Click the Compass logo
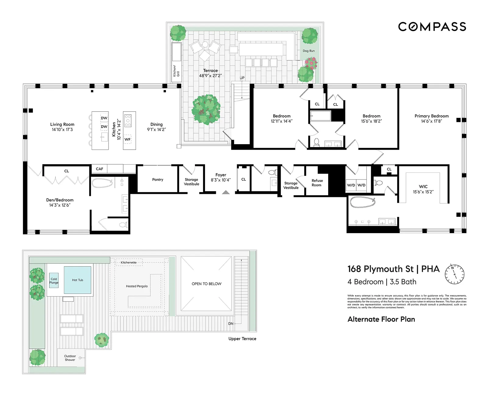tap(432, 27)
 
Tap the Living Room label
tap(62, 124)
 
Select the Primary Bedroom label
tap(431, 116)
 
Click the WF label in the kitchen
tap(127, 139)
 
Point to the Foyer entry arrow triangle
tap(226, 192)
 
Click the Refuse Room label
tap(317, 183)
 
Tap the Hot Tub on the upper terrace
tap(77, 280)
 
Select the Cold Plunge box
tap(54, 281)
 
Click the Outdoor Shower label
tap(70, 358)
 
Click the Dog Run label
tap(308, 51)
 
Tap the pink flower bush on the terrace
tap(311, 63)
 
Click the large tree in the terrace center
tap(206, 109)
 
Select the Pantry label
tap(158, 180)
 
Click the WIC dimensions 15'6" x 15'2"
tap(423, 192)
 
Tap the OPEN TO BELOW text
tap(206, 284)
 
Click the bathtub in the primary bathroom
tap(362, 202)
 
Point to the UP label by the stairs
tap(242, 78)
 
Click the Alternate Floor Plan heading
tap(381, 319)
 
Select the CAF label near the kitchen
tap(99, 169)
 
